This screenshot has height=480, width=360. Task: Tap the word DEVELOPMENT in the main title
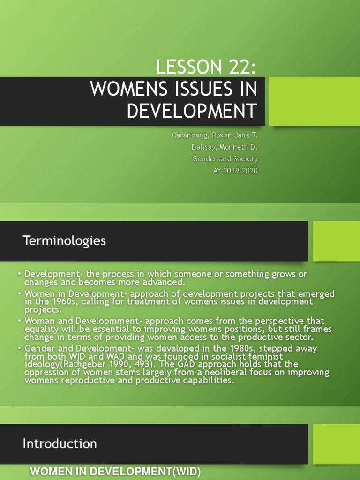[x=192, y=112]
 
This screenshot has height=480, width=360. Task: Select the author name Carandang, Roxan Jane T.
[x=215, y=135]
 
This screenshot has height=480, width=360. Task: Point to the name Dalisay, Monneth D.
[x=225, y=147]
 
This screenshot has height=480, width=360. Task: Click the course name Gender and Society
[x=225, y=159]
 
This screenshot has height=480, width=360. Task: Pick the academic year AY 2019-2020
[x=235, y=171]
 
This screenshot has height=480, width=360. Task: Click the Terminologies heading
[x=64, y=241]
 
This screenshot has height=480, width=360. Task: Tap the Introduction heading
[x=60, y=443]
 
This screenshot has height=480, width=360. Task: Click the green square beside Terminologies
[x=336, y=241]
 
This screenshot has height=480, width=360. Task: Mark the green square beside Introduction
[x=336, y=443]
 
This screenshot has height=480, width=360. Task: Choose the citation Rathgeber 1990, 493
[x=95, y=364]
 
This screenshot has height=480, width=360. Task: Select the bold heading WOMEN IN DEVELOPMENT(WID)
[x=115, y=472]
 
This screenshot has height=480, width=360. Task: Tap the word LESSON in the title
[x=184, y=67]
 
